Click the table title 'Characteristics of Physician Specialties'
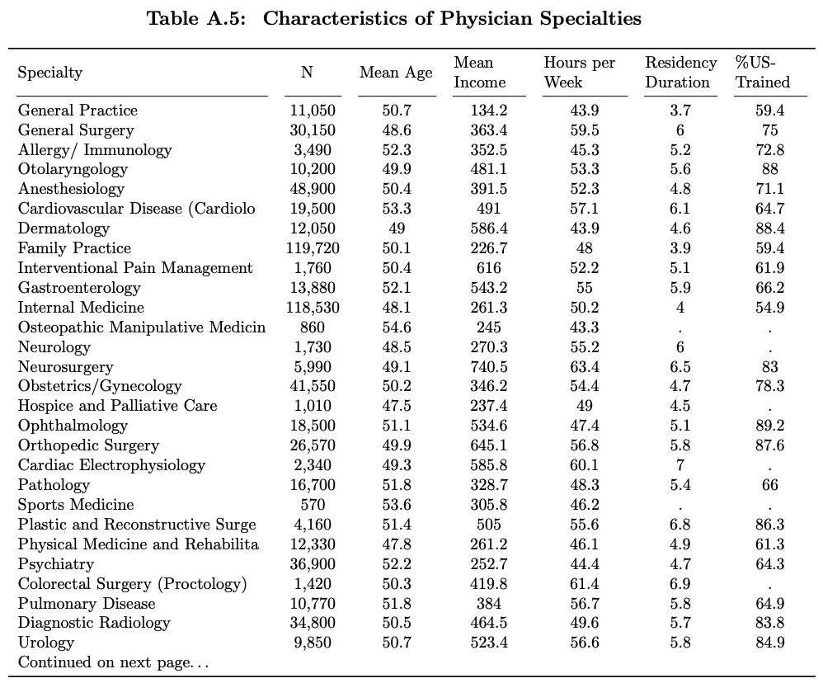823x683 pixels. tap(452, 18)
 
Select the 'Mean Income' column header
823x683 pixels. tap(480, 73)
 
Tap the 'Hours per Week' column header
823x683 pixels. tap(579, 73)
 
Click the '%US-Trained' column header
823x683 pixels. tap(762, 73)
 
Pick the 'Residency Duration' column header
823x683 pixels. tap(680, 73)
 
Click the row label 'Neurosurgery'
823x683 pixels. tap(66, 367)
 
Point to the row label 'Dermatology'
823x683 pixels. tap(63, 228)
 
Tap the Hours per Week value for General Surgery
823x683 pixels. tap(584, 130)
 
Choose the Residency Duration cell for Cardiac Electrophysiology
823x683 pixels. tap(680, 465)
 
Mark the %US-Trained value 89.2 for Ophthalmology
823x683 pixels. tap(769, 426)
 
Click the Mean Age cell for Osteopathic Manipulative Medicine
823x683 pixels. tap(397, 327)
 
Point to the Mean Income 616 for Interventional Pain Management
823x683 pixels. tap(489, 268)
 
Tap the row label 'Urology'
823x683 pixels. tap(46, 643)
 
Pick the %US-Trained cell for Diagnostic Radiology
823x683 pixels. tap(769, 623)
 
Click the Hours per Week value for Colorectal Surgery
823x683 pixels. tap(584, 584)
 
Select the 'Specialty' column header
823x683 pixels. tap(50, 73)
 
